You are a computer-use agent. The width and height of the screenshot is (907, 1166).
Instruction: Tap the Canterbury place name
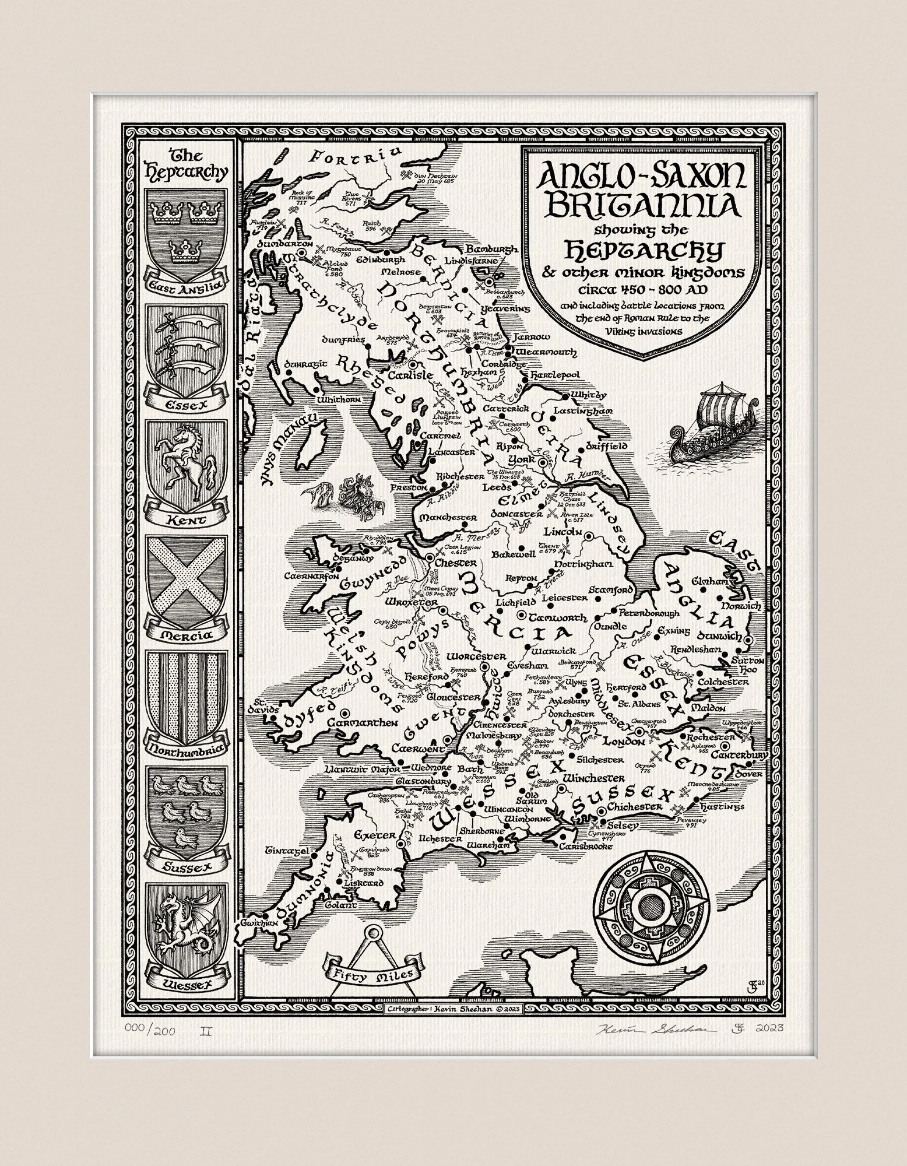(744, 756)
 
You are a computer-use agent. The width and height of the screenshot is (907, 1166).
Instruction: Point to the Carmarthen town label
(362, 723)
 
